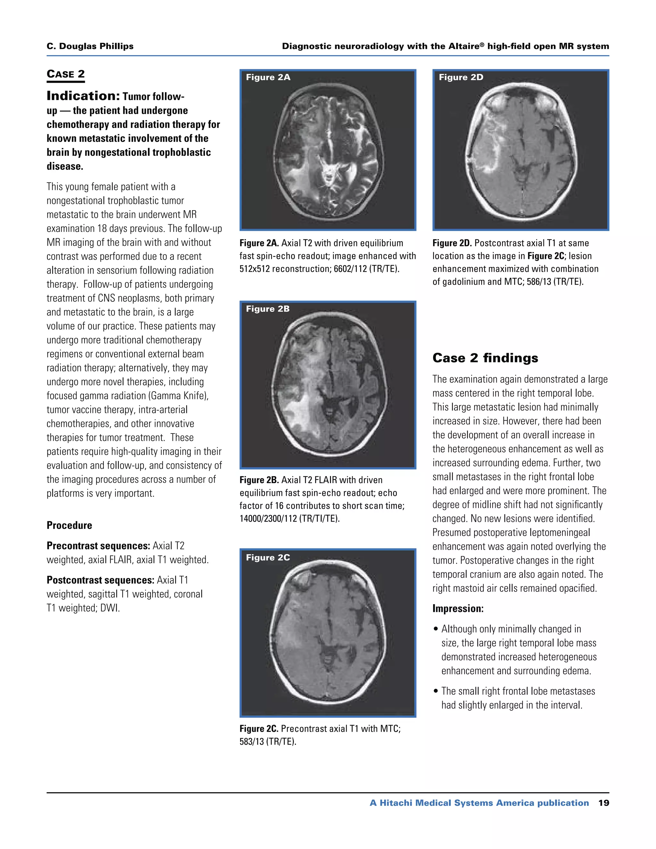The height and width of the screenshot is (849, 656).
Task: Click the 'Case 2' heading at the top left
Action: tap(65, 74)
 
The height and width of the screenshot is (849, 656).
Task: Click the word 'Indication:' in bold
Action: tap(83, 95)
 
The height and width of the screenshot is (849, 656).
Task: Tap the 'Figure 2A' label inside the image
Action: tap(268, 77)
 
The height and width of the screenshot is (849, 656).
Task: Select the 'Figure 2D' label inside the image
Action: tap(461, 77)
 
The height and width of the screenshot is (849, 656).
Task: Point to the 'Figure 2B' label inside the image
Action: tap(267, 309)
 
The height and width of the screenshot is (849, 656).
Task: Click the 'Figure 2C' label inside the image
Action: tap(267, 557)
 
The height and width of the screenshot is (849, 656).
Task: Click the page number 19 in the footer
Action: tap(603, 803)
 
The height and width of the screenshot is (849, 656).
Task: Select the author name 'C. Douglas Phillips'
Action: tap(90, 46)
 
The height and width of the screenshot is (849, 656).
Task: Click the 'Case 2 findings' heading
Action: tap(485, 358)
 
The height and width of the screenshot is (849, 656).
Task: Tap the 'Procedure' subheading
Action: tap(69, 525)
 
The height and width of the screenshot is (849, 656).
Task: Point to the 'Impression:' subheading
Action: tap(458, 608)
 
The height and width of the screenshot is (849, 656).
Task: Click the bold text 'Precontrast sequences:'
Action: tap(98, 546)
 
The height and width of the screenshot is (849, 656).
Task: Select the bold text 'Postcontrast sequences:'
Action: tap(100, 580)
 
